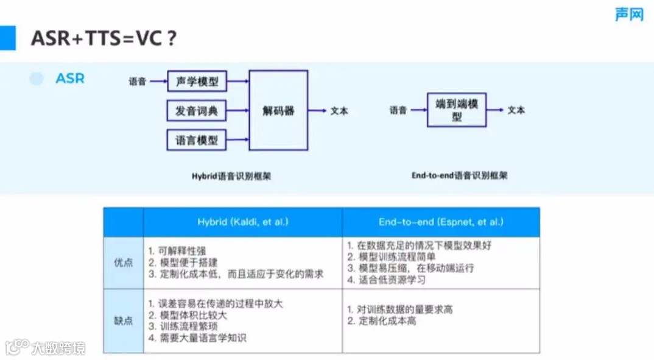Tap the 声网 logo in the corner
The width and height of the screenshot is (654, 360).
point(628,15)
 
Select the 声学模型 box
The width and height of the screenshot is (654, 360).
point(197,81)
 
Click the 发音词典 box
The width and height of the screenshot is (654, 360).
point(197,111)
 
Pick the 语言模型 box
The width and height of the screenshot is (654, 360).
point(197,140)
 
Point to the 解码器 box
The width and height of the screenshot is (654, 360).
point(278,110)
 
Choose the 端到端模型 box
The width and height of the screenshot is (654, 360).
point(457,110)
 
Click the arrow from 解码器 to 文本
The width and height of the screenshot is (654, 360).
point(318,111)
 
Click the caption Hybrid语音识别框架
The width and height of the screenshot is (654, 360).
point(231,176)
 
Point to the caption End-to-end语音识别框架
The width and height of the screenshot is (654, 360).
point(459,175)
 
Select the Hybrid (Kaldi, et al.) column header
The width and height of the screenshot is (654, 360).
point(242,222)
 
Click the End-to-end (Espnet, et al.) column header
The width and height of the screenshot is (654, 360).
point(441,222)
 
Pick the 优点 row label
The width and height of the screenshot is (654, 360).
point(123,263)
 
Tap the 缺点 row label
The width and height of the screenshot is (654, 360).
point(123,320)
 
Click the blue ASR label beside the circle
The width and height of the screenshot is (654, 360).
point(70,79)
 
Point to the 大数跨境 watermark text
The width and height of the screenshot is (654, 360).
point(58,348)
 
